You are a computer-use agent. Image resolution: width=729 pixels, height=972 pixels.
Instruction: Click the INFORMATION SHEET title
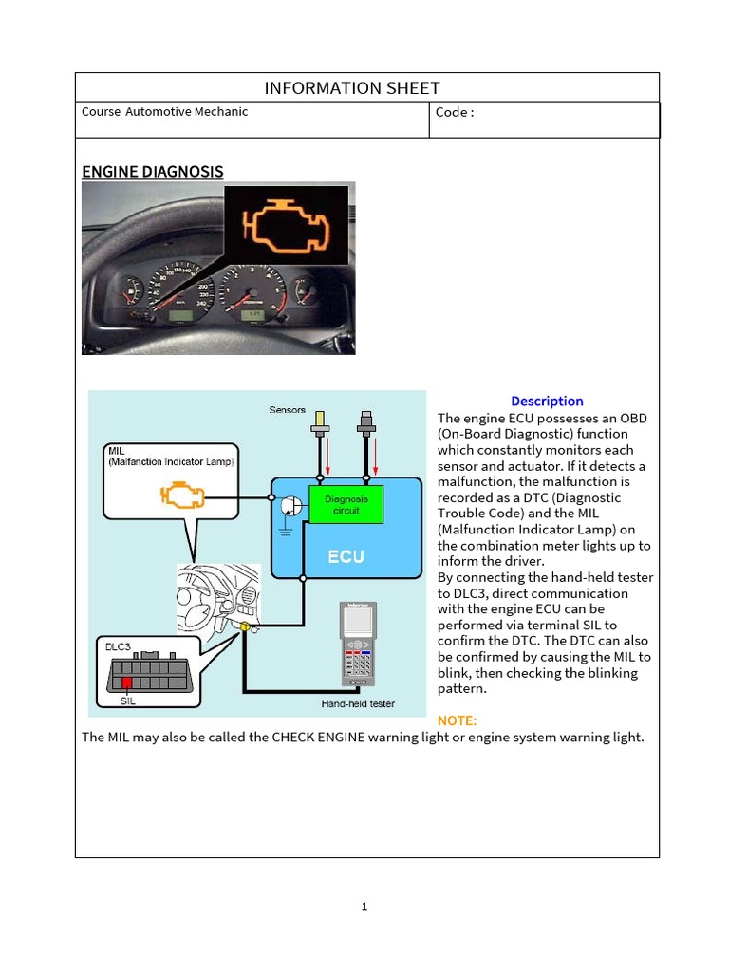[x=352, y=88]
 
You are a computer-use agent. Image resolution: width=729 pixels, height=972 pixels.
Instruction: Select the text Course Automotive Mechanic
[x=164, y=112]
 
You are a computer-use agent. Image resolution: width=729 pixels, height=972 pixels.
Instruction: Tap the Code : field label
[x=454, y=112]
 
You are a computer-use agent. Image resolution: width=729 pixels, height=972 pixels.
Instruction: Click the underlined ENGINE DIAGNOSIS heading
[x=153, y=172]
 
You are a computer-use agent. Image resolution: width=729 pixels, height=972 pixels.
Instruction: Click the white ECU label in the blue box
[x=346, y=556]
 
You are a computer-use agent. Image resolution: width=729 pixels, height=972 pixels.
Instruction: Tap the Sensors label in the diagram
[x=287, y=410]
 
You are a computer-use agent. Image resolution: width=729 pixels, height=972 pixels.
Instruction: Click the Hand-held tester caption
[x=358, y=703]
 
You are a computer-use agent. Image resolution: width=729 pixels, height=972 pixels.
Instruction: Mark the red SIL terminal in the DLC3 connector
[x=125, y=682]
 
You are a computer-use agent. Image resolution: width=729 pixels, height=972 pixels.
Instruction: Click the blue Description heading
[x=547, y=402]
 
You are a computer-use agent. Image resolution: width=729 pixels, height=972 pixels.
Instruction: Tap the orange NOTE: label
[x=457, y=720]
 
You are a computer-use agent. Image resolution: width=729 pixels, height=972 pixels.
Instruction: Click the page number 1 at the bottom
[x=364, y=907]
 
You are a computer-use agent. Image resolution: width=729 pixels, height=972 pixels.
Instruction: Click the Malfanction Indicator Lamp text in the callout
[x=172, y=461]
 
